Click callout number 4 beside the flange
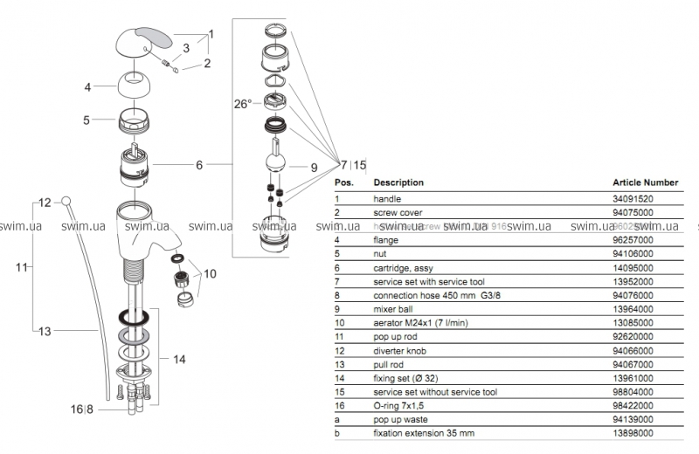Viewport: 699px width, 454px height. pyautogui.click(x=87, y=87)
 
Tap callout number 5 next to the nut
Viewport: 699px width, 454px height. pyautogui.click(x=87, y=120)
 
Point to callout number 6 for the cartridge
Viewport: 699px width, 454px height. pyautogui.click(x=199, y=164)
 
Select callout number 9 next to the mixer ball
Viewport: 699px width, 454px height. pyautogui.click(x=314, y=167)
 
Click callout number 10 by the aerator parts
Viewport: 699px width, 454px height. pyautogui.click(x=211, y=274)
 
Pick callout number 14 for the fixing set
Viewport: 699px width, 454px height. pyautogui.click(x=178, y=358)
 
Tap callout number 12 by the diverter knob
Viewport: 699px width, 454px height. pyautogui.click(x=45, y=203)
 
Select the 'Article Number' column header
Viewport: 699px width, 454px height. pyautogui.click(x=646, y=182)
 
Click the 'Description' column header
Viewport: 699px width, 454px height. pyautogui.click(x=398, y=182)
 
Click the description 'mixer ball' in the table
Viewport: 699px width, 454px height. pyautogui.click(x=395, y=308)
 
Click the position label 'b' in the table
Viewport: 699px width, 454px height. pyautogui.click(x=338, y=434)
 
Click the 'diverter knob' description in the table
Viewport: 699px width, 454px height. pyautogui.click(x=401, y=350)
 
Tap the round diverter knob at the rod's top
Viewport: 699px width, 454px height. pyautogui.click(x=66, y=202)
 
